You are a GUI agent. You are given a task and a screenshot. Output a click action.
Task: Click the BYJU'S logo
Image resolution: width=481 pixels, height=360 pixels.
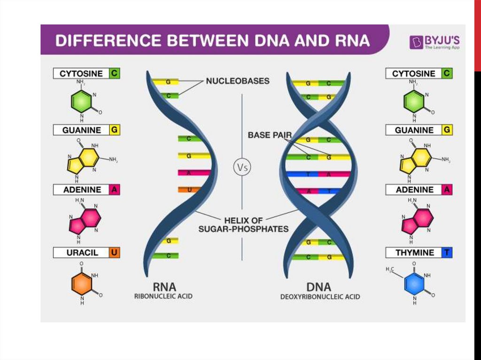click(x=434, y=42)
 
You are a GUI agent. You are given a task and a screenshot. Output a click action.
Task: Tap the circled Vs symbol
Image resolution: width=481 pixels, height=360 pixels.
click(x=241, y=167)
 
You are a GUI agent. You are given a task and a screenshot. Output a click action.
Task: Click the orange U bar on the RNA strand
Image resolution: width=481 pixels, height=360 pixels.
click(x=189, y=190)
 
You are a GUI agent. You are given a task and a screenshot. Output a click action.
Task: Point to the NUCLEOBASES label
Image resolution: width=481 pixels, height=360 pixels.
click(x=238, y=81)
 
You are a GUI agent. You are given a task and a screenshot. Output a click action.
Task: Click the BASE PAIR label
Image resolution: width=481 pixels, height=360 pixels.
click(x=270, y=135)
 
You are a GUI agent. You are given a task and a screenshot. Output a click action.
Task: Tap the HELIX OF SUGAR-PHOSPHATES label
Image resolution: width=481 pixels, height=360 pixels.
click(x=243, y=224)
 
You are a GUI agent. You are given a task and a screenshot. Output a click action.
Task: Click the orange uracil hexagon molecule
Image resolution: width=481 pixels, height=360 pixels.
click(x=81, y=283)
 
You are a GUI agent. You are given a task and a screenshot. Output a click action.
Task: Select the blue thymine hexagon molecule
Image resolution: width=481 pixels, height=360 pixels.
click(x=414, y=283)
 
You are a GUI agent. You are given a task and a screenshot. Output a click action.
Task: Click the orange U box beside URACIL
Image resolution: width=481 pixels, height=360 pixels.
click(x=114, y=253)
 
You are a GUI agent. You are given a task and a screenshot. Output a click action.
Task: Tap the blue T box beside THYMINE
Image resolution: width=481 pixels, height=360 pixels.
click(x=447, y=253)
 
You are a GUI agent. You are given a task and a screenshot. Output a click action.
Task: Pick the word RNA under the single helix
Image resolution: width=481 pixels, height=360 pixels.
click(x=164, y=286)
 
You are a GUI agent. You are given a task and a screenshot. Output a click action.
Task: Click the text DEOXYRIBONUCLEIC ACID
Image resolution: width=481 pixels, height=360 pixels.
click(x=320, y=297)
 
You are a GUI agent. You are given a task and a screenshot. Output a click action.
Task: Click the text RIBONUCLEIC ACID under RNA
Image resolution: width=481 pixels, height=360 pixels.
click(x=163, y=297)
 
